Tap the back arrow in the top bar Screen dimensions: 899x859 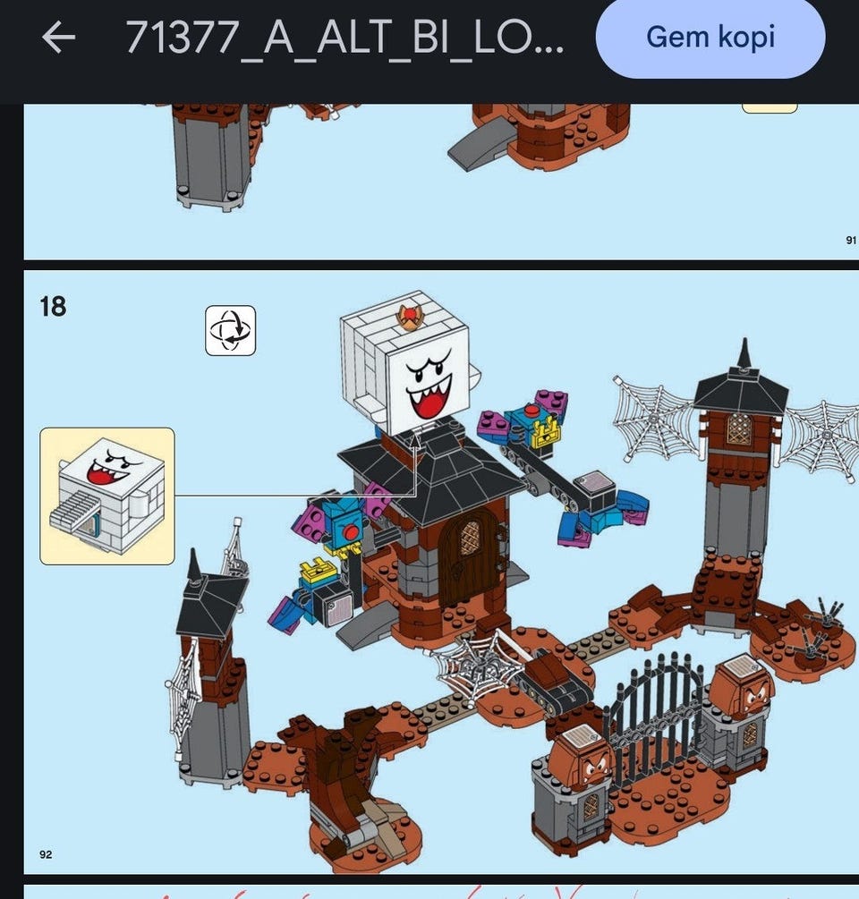coord(58,38)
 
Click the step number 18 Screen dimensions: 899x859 coord(53,307)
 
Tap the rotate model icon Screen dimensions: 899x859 coord(230,330)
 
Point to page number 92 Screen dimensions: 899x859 coord(46,854)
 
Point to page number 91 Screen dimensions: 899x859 coord(850,240)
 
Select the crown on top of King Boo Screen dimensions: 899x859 coord(411,315)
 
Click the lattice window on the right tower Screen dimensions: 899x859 coord(739,430)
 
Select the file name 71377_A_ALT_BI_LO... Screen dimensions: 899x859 coord(344,38)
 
